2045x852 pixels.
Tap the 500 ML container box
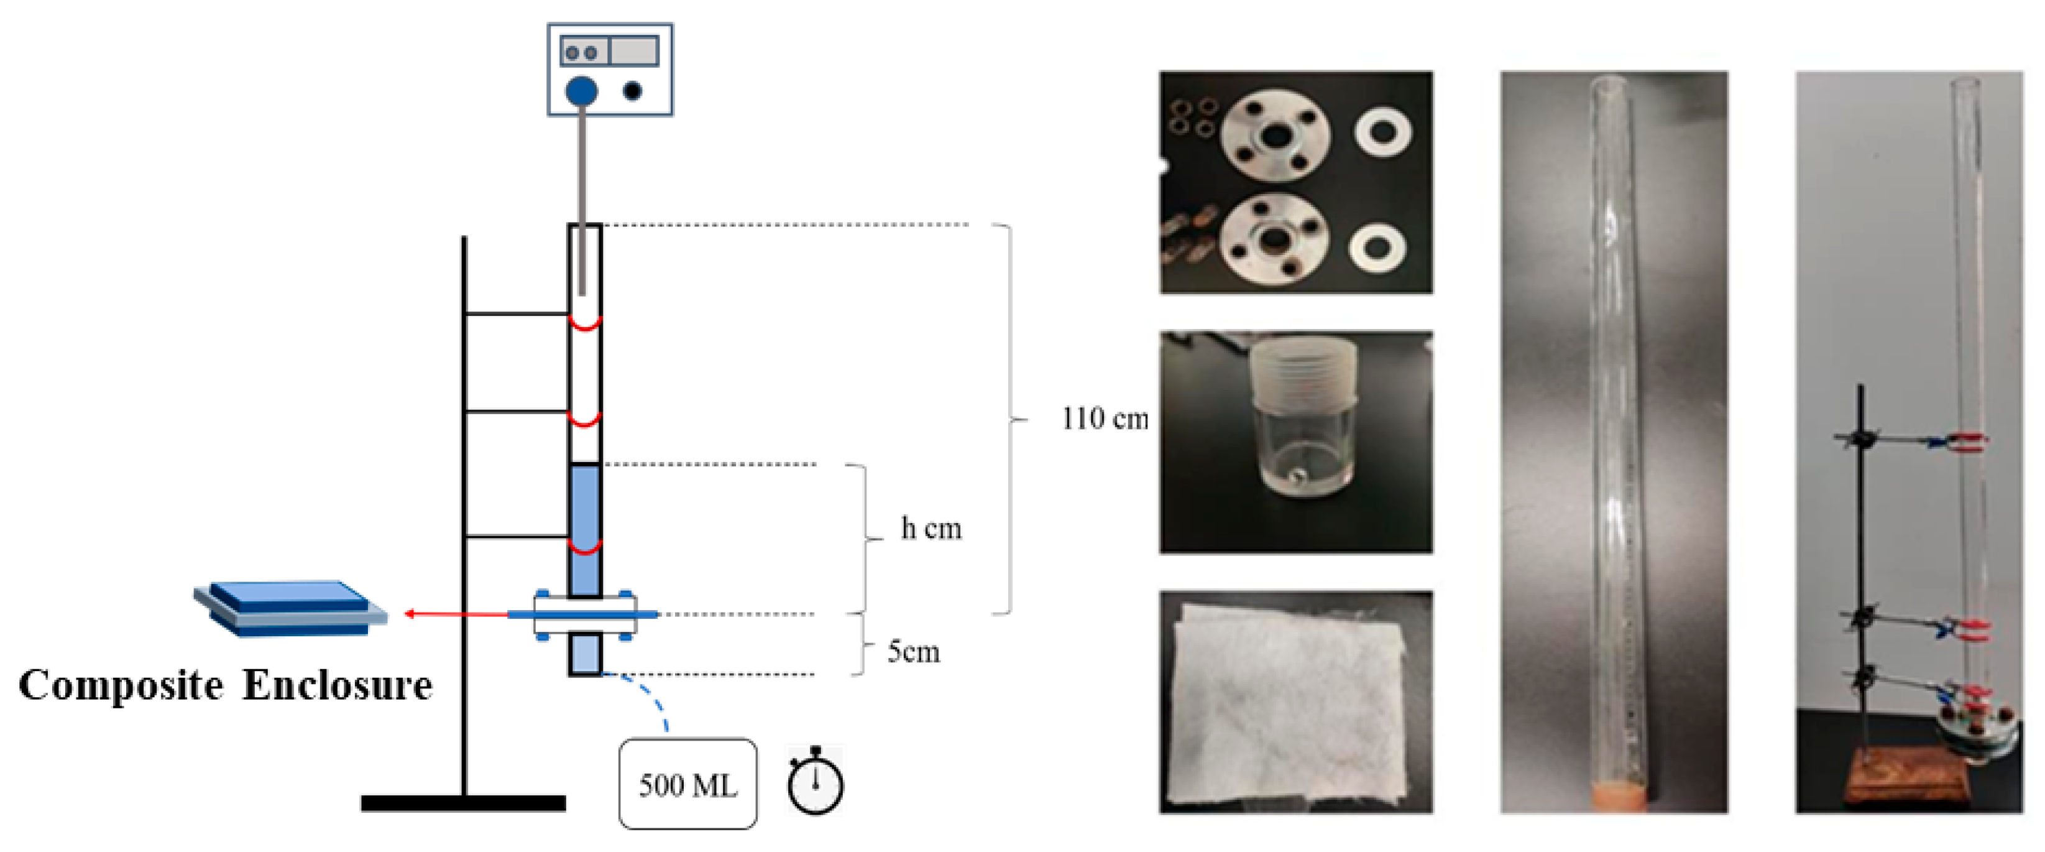tap(687, 784)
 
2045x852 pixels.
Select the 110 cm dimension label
tap(1105, 419)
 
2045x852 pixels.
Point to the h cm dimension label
tap(931, 528)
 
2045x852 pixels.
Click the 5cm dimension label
tap(913, 652)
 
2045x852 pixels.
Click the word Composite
tap(121, 685)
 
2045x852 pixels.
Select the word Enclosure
tap(338, 685)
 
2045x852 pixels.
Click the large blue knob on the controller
tap(581, 91)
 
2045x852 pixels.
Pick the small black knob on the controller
tap(633, 91)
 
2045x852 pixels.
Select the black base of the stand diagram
tap(463, 803)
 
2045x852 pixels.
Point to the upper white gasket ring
tap(1383, 132)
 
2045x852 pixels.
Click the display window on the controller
tap(633, 52)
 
